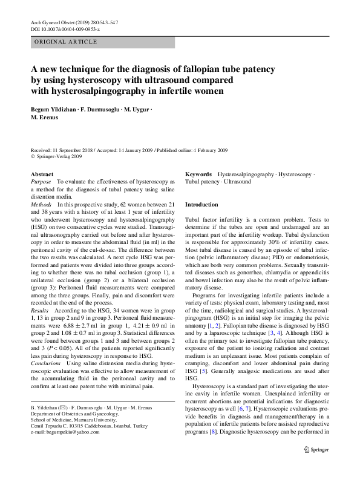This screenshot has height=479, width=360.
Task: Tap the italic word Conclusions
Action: coord(45,364)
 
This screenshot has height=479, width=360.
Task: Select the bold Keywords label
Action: coord(198,174)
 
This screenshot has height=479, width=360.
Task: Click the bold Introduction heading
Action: coord(201,205)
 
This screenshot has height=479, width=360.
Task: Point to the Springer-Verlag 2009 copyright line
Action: coord(57,156)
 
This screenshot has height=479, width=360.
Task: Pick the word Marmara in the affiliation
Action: coord(87,418)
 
